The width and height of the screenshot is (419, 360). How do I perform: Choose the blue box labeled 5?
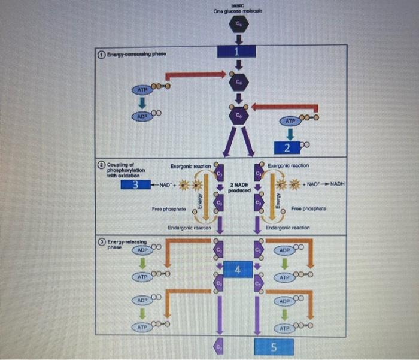pyautogui.click(x=274, y=346)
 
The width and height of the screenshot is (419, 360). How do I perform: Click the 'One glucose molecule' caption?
pyautogui.click(x=238, y=12)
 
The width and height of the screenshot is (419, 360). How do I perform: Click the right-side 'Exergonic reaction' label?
pyautogui.click(x=287, y=165)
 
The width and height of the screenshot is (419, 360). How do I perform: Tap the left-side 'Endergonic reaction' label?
pyautogui.click(x=189, y=228)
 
